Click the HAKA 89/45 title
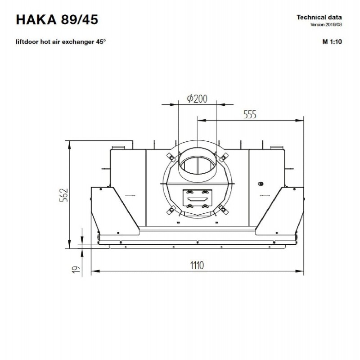pyautogui.click(x=57, y=19)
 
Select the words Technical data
pyautogui.click(x=319, y=18)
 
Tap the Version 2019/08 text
pyautogui.click(x=326, y=25)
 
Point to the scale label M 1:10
pyautogui.click(x=332, y=42)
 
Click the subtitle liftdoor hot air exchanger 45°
pyautogui.click(x=61, y=42)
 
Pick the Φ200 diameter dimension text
pyautogui.click(x=197, y=99)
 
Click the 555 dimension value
pyautogui.click(x=250, y=114)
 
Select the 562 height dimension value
pyautogui.click(x=64, y=195)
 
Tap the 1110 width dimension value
pyautogui.click(x=197, y=265)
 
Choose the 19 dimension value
pyautogui.click(x=76, y=270)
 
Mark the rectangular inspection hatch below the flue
pyautogui.click(x=198, y=199)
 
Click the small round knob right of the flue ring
pyautogui.click(x=261, y=184)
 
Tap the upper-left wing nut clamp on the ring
pyautogui.click(x=171, y=157)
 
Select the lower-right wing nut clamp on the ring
pyautogui.click(x=223, y=209)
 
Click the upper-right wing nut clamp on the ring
pyautogui.click(x=223, y=157)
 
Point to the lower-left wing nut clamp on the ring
pyautogui.click(x=171, y=210)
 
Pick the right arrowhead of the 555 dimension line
pyautogui.click(x=300, y=120)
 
